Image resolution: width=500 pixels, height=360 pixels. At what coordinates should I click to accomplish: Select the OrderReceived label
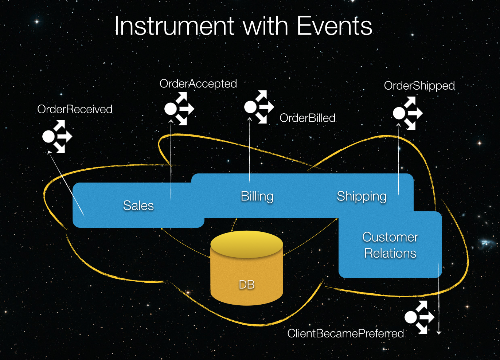click(75, 109)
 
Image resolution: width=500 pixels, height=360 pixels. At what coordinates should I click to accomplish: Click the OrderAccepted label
click(198, 84)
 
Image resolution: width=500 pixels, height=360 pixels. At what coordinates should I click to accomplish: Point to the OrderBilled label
click(307, 118)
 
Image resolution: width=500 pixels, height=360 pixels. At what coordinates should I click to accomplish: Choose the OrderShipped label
click(419, 86)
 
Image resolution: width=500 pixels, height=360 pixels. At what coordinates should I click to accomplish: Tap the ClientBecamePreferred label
click(345, 333)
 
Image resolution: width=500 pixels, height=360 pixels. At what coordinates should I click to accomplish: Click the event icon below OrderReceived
click(57, 136)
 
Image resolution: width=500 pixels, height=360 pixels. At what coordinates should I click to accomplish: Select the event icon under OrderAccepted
click(179, 109)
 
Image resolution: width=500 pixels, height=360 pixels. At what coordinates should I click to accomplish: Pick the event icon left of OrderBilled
click(259, 107)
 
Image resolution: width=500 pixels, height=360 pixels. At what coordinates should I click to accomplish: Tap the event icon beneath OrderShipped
click(408, 113)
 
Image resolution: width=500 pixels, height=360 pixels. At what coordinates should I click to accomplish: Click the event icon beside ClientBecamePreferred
click(419, 317)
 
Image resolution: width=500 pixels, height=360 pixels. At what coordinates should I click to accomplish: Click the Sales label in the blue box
click(138, 206)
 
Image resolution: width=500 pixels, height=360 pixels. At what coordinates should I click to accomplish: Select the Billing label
click(257, 197)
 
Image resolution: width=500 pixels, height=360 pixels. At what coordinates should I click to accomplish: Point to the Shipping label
click(362, 197)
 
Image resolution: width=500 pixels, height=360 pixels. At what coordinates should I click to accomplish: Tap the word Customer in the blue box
click(390, 237)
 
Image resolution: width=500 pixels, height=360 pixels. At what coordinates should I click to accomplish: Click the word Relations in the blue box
click(390, 253)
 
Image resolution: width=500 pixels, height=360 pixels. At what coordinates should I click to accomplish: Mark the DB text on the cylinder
click(247, 285)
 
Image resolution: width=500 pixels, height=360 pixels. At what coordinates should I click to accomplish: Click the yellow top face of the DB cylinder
click(247, 244)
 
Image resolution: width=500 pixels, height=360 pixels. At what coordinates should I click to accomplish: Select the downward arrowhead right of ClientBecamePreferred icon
click(439, 333)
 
